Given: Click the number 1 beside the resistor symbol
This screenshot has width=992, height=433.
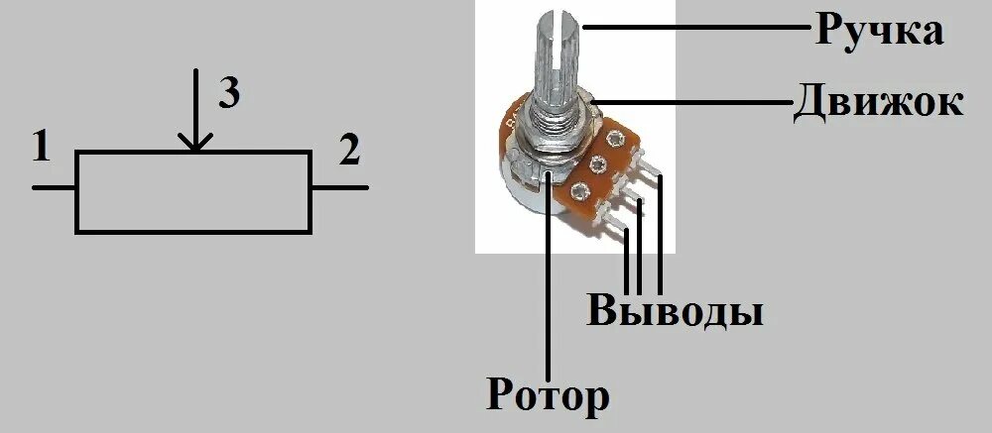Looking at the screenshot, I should (41, 149).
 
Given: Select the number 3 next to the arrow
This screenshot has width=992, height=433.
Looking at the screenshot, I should (228, 94).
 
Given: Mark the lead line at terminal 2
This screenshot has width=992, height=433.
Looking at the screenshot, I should (339, 187).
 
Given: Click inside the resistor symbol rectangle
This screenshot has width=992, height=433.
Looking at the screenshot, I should (193, 192).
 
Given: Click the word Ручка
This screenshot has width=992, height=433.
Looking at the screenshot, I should (879, 32).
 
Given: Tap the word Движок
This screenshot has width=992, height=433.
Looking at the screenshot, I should (878, 101).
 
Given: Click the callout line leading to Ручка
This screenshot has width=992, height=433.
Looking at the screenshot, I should (694, 29).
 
